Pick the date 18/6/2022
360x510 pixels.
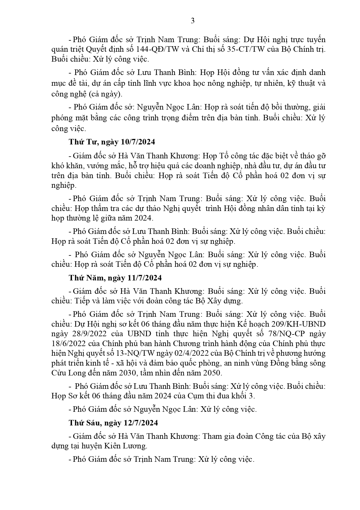(x=69, y=343)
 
